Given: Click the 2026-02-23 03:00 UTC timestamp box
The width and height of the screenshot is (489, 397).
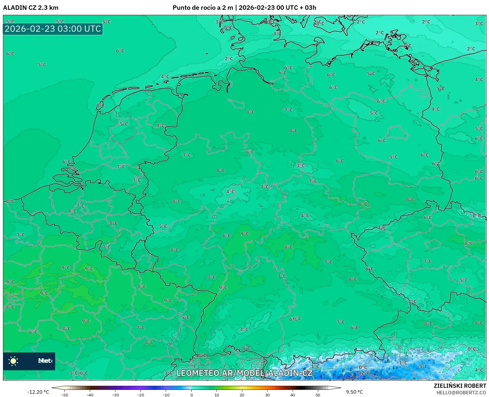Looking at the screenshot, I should [53, 29].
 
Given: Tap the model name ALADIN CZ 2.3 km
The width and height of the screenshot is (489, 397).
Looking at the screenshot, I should [31, 8].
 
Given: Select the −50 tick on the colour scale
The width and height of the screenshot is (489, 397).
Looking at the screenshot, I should [64, 395].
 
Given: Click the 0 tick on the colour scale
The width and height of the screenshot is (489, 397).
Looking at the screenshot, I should [192, 395].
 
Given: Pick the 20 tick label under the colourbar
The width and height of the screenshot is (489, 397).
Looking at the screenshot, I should [242, 395].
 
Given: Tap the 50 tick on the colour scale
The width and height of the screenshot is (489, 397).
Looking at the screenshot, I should [318, 395].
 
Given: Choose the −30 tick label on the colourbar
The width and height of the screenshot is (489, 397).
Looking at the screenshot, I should [115, 395].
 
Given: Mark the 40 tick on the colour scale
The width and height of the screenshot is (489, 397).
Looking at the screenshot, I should [293, 395].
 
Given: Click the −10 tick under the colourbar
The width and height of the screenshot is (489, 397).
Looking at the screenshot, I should [166, 395].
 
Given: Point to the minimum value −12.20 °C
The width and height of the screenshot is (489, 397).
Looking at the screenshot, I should [38, 392].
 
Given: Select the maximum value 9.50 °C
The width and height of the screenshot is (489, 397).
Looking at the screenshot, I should [354, 392].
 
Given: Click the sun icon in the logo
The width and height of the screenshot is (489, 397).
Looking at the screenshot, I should [13, 361].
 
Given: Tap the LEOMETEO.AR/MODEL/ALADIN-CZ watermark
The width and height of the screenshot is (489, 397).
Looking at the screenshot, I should [244, 373].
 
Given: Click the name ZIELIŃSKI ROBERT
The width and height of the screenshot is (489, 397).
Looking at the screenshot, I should [460, 386].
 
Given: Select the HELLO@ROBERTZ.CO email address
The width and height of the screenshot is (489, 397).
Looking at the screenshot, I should [461, 393].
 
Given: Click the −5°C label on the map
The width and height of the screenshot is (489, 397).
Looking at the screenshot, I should [422, 366].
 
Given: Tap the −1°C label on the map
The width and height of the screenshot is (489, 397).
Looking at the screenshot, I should [402, 363].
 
